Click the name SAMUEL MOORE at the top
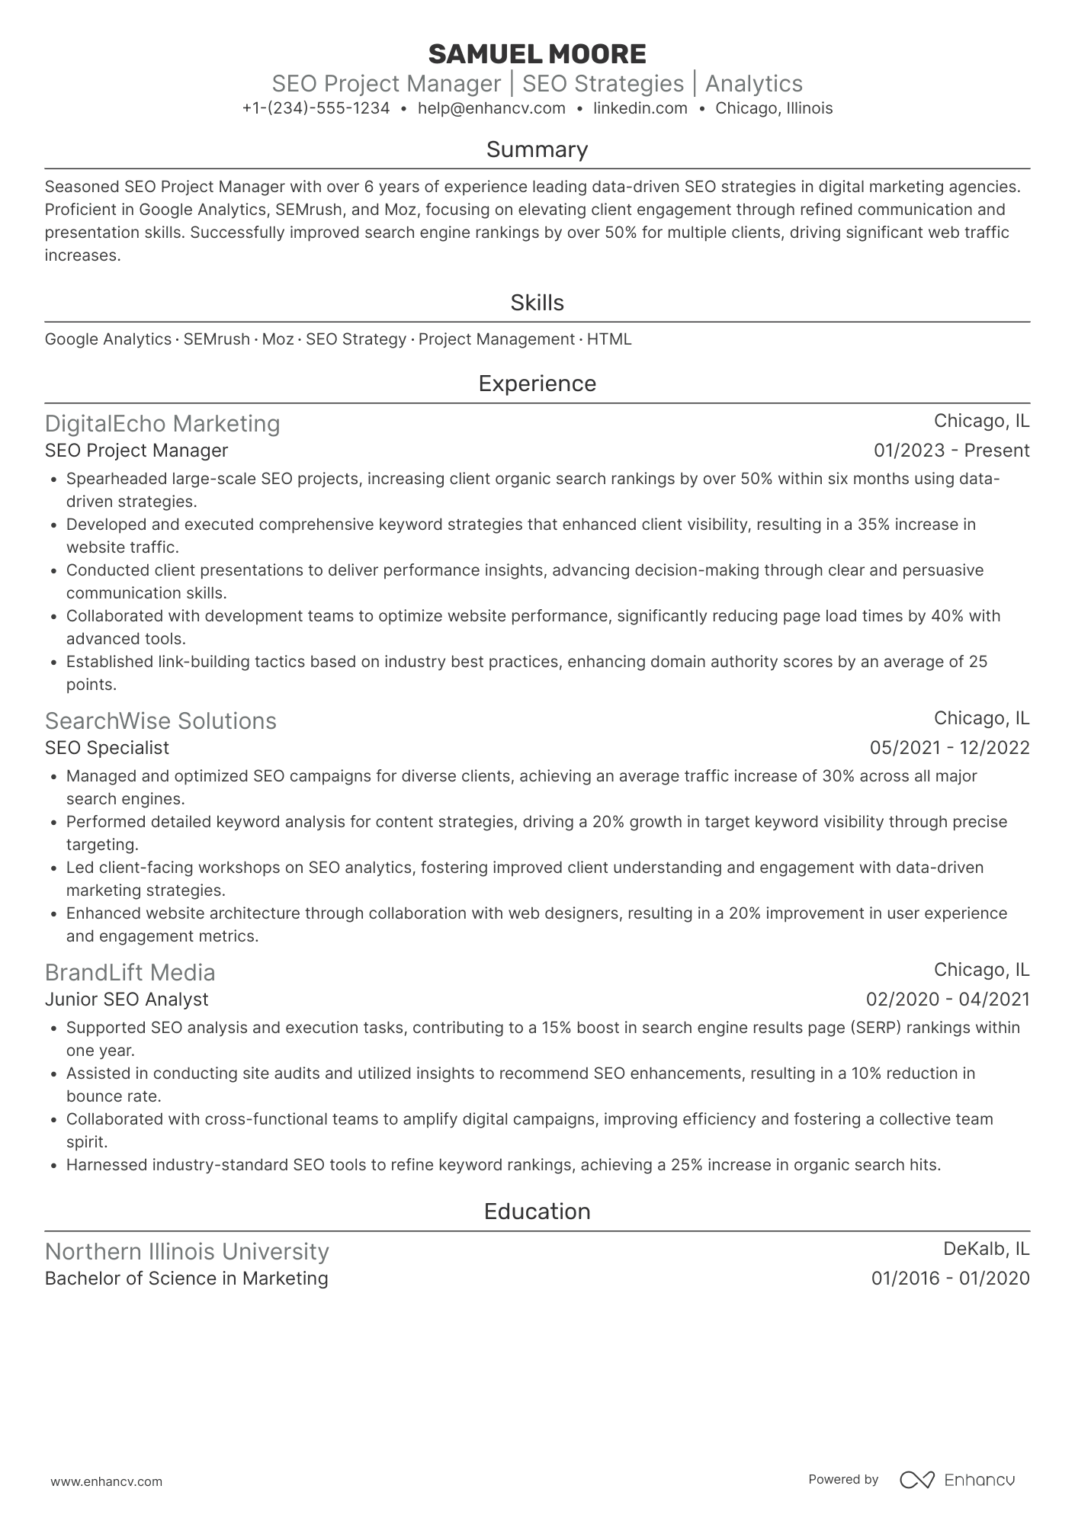coord(537,54)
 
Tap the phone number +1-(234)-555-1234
coord(316,108)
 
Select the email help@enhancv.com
coord(492,108)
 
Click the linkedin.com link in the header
coord(640,108)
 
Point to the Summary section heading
coord(537,149)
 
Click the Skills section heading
coord(537,303)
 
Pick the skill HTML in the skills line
coord(608,339)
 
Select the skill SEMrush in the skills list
coord(217,339)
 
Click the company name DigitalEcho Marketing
coord(162,423)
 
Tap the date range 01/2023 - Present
coord(951,451)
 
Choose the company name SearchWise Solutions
coord(160,720)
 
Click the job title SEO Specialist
coord(107,748)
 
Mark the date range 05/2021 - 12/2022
coord(949,748)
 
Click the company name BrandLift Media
coord(130,972)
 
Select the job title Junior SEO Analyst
coord(127,1000)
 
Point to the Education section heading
coord(537,1211)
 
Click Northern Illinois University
coord(187,1251)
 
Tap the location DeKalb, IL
coord(986,1249)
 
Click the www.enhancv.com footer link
coord(106,1481)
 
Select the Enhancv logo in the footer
coord(957,1480)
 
